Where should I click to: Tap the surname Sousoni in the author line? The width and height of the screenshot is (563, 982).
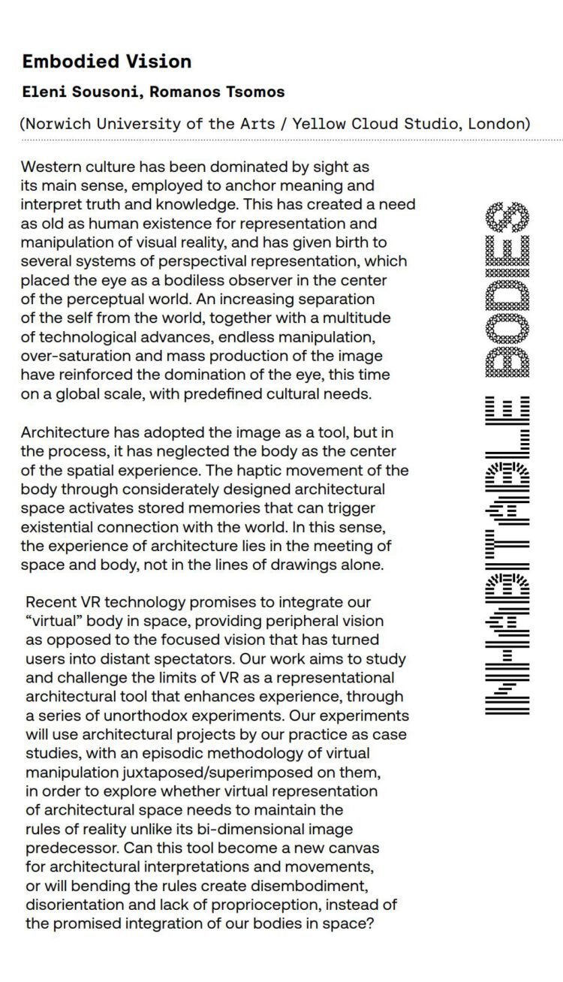point(104,92)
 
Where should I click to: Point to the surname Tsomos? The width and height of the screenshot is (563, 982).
point(254,92)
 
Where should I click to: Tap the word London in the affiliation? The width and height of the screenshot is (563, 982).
point(498,124)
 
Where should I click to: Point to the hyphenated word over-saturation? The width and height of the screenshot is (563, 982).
point(80,356)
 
